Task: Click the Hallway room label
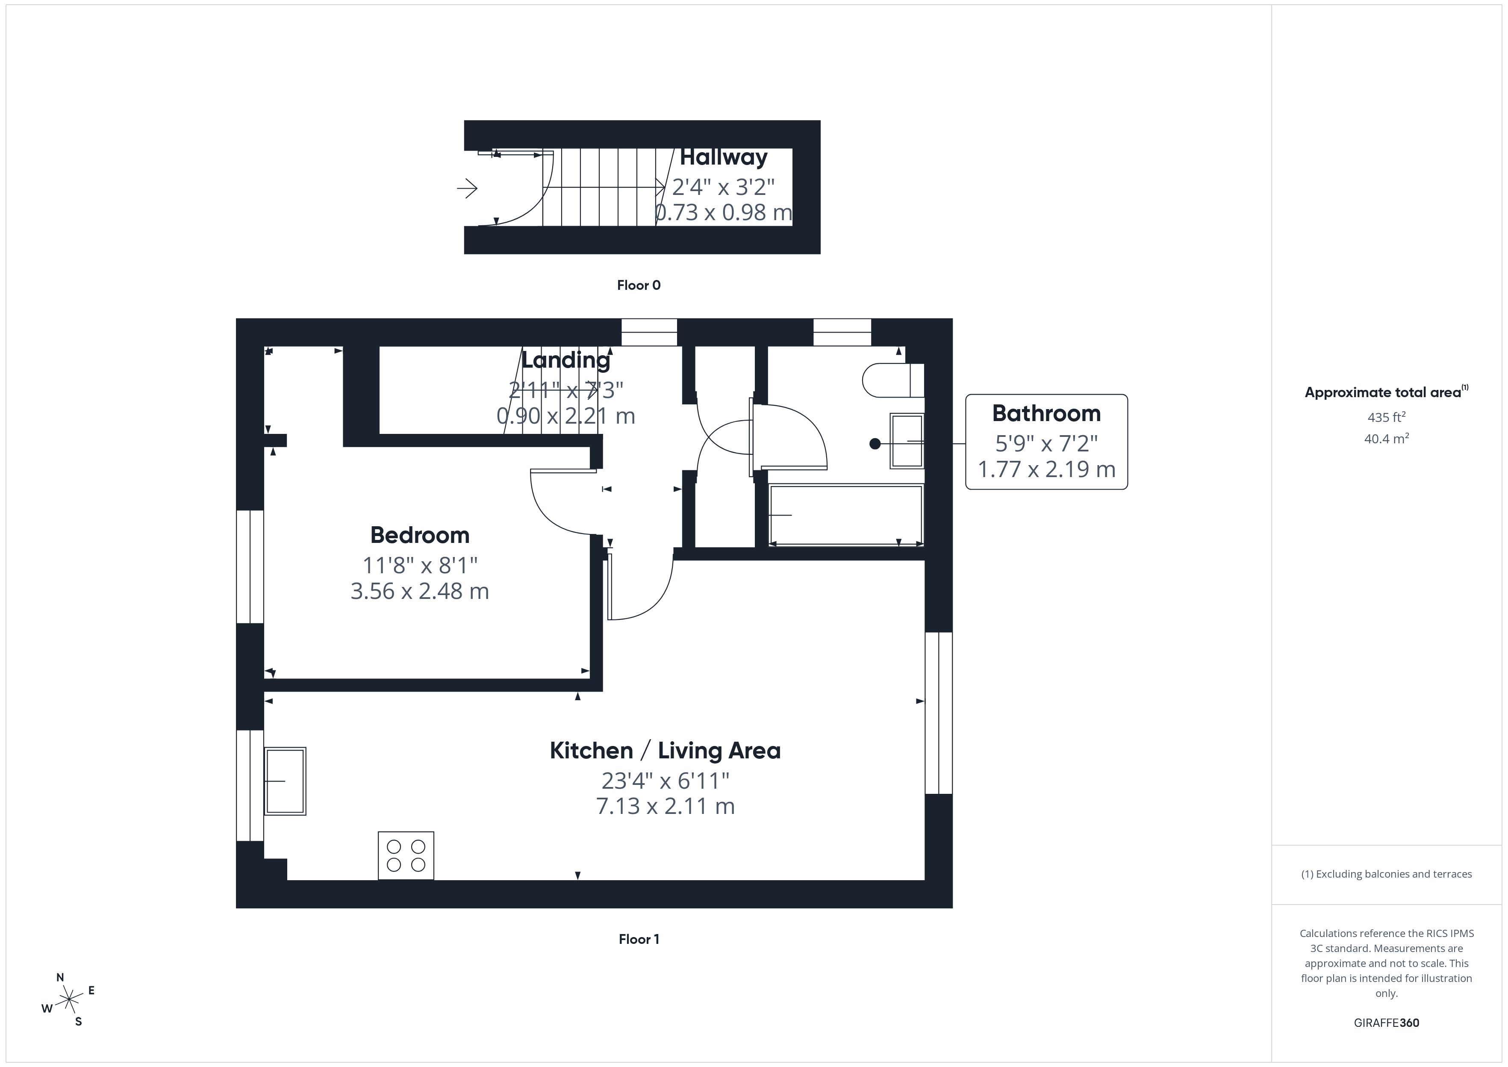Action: coord(723,158)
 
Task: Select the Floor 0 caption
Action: coord(639,285)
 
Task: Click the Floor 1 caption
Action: coord(639,939)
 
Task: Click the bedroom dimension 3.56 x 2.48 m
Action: coord(420,591)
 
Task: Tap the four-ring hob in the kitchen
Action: coord(406,855)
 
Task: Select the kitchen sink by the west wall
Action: coord(285,781)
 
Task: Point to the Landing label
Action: coord(565,360)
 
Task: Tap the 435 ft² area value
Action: coord(1386,417)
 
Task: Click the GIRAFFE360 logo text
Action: coord(1386,1023)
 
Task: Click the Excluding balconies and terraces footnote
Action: coord(1386,874)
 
